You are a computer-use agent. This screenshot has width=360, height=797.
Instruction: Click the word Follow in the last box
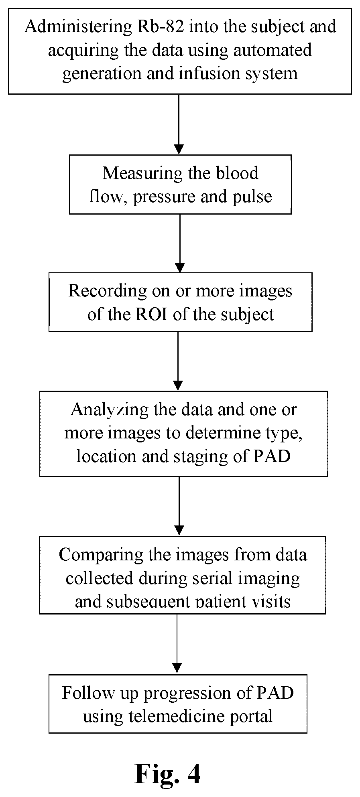(83, 693)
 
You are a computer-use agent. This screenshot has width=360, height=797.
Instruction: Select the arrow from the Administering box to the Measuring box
(179, 125)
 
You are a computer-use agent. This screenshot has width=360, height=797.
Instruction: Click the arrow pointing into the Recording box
(180, 243)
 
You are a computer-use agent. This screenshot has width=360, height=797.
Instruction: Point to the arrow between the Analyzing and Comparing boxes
(179, 506)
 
